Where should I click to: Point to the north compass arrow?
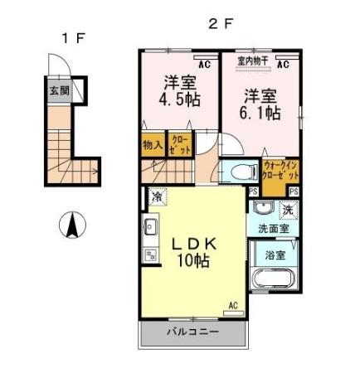coord(73,225)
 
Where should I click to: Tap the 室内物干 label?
coord(251,61)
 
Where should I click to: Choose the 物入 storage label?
coord(153,144)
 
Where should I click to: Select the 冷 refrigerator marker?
coord(157,196)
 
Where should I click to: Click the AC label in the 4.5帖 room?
coord(204,61)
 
